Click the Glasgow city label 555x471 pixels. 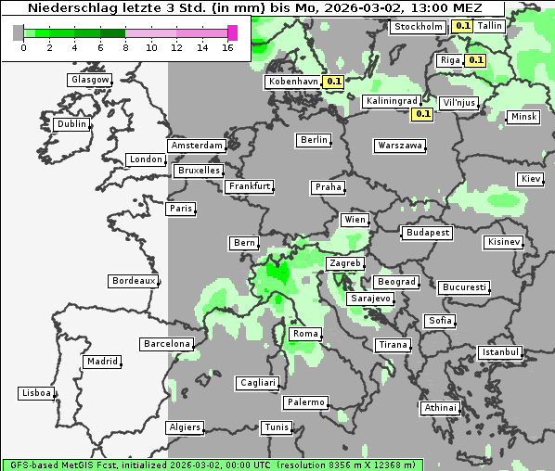click(x=90, y=80)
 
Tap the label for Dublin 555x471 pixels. click(x=71, y=124)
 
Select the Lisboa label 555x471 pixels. click(x=36, y=393)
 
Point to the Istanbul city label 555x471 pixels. click(x=500, y=352)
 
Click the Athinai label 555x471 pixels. click(x=440, y=408)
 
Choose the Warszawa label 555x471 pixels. click(x=400, y=146)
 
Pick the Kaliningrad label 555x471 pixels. click(x=390, y=100)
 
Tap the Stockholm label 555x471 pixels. click(x=418, y=27)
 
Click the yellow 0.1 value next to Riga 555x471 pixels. click(x=475, y=60)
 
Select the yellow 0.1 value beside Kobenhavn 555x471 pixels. click(x=334, y=82)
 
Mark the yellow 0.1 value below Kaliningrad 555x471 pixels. click(x=422, y=114)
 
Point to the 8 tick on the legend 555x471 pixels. click(x=125, y=47)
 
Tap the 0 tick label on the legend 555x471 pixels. click(x=23, y=47)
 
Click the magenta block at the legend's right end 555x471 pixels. click(x=232, y=32)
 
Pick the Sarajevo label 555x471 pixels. click(x=370, y=299)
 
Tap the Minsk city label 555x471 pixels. click(x=523, y=117)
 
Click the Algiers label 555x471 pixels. click(x=184, y=427)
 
